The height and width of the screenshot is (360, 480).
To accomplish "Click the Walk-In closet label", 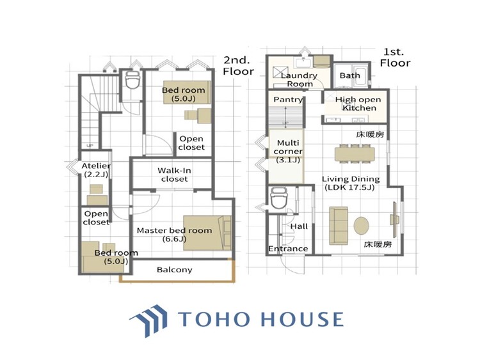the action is click(x=174, y=175).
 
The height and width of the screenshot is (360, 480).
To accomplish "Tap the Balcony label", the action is click(x=175, y=270).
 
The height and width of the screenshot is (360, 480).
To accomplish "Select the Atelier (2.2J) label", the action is click(x=96, y=170).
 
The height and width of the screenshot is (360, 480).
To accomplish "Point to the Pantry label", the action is click(x=288, y=100).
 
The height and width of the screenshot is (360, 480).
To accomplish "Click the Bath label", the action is click(x=349, y=75).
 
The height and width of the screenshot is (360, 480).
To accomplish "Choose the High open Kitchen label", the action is click(x=358, y=104).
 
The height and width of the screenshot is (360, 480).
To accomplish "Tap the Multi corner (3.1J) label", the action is click(x=288, y=151).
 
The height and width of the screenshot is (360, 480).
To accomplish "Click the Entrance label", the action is click(x=288, y=249).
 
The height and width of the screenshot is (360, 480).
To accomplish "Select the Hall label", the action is click(x=299, y=226).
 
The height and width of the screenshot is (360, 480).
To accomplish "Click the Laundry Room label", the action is click(x=299, y=79).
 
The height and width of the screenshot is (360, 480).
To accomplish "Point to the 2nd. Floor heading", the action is click(x=239, y=65).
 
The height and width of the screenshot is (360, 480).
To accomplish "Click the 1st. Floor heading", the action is click(x=396, y=57).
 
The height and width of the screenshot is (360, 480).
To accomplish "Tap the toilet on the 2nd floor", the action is click(x=132, y=79).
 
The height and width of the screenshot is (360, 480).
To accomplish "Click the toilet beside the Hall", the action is click(x=278, y=198).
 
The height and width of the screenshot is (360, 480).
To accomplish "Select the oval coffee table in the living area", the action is click(x=362, y=226).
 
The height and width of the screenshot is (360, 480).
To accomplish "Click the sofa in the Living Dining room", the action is click(x=339, y=226).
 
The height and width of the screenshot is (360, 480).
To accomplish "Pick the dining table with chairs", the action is click(x=355, y=153).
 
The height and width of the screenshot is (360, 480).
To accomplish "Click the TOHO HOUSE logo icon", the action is click(x=149, y=320).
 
